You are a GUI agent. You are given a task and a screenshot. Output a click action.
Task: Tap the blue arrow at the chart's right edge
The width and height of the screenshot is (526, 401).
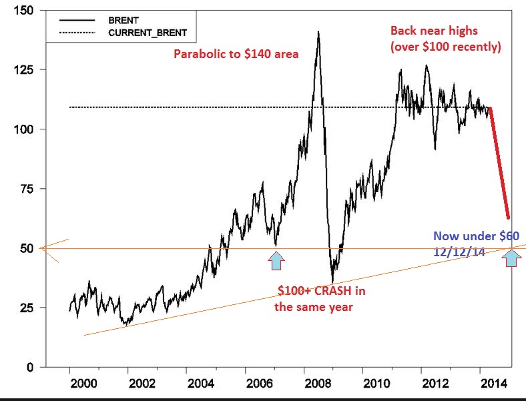coord(511,259)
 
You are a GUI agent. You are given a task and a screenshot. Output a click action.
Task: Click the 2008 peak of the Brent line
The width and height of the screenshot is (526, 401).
coord(318,31)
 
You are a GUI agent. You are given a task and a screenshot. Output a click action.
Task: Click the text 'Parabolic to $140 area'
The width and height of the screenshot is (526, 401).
coord(236,54)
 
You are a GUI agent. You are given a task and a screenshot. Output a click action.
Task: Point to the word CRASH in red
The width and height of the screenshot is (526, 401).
coord(331,291)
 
